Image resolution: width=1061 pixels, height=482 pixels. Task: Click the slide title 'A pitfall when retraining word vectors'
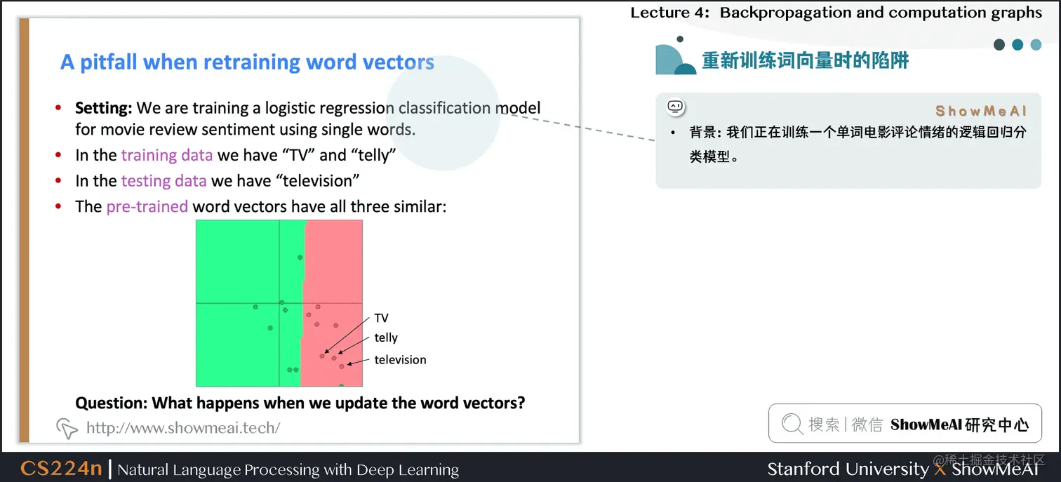click(247, 62)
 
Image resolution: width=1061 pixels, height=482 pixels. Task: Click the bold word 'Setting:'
click(104, 108)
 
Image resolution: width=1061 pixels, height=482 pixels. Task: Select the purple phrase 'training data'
click(167, 155)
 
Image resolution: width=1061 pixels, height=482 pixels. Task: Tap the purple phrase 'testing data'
click(164, 181)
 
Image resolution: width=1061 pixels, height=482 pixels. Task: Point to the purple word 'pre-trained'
click(147, 207)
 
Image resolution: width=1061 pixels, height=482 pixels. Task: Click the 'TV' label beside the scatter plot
click(381, 319)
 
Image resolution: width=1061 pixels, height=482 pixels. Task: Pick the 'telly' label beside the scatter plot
click(386, 337)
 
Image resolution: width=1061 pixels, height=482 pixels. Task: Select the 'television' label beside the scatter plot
click(400, 360)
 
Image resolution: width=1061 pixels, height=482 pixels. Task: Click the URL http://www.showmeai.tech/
click(183, 427)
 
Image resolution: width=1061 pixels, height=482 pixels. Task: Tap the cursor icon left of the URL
click(67, 428)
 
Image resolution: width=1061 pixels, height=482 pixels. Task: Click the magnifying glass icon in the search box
click(792, 423)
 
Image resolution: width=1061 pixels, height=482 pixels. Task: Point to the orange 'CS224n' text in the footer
click(61, 468)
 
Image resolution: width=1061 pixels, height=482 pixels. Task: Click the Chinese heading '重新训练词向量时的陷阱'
click(806, 60)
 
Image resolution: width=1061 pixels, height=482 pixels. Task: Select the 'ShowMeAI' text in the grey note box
click(981, 111)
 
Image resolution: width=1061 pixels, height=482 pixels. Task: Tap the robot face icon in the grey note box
click(676, 107)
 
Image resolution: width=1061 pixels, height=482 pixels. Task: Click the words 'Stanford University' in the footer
click(848, 469)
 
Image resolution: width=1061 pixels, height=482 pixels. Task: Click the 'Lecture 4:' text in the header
click(670, 13)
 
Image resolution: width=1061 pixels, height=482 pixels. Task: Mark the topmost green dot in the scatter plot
click(300, 257)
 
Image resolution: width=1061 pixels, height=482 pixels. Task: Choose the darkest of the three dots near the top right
click(999, 44)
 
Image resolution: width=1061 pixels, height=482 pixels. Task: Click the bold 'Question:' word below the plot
click(112, 403)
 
